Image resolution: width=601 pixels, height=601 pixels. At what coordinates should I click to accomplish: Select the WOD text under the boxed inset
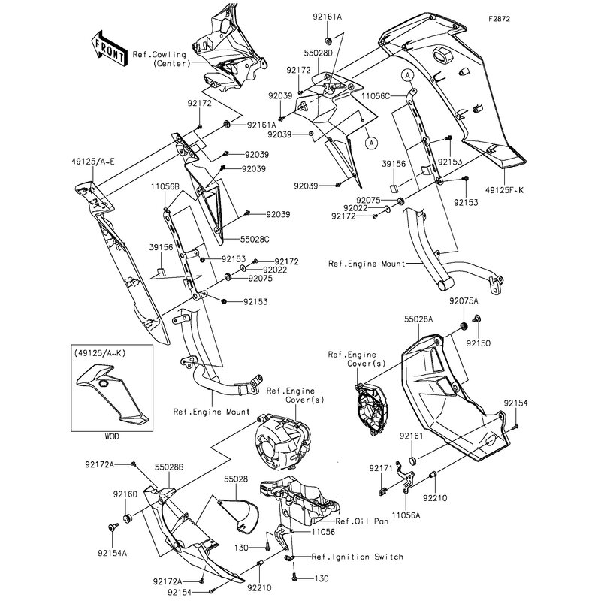pyautogui.click(x=111, y=436)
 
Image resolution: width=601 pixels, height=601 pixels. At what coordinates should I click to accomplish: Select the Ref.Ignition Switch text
pyautogui.click(x=358, y=557)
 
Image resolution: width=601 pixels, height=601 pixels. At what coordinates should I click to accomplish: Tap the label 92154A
pyautogui.click(x=113, y=550)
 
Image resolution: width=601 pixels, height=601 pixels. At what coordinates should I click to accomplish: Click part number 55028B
pyautogui.click(x=170, y=467)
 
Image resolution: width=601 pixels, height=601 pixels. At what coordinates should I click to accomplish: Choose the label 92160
pyautogui.click(x=125, y=494)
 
